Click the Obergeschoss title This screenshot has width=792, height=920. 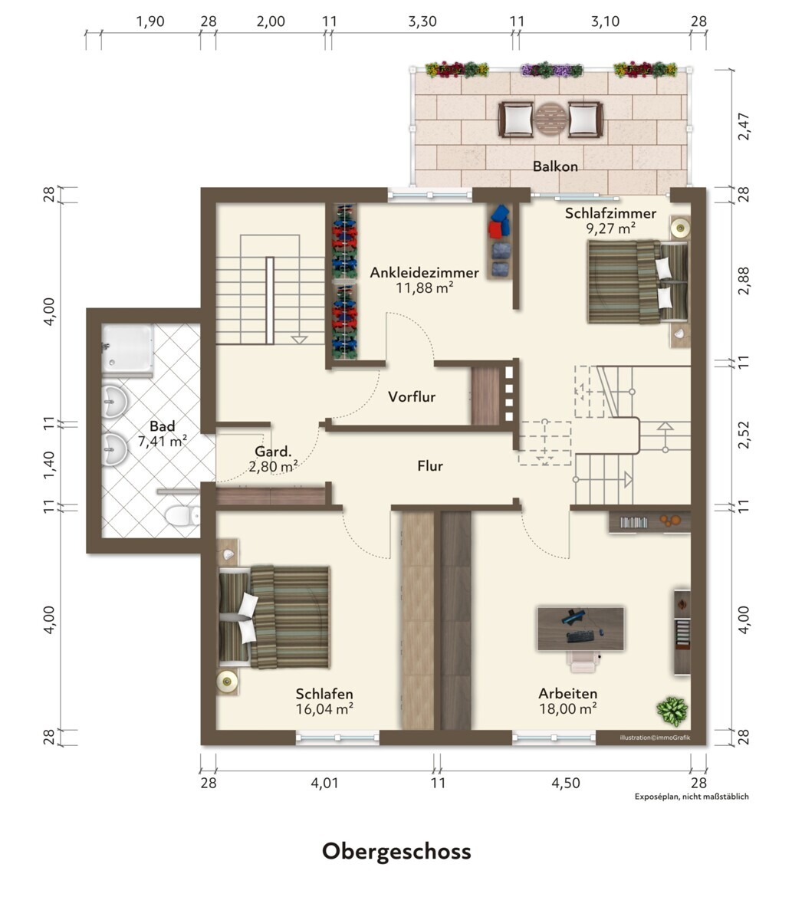[x=396, y=853]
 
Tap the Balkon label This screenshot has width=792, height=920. [x=555, y=166]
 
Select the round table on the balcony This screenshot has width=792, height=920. [x=550, y=120]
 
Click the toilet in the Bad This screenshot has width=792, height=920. [x=182, y=515]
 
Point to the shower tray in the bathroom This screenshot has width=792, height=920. [x=127, y=349]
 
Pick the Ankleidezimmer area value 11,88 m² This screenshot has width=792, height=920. [x=425, y=288]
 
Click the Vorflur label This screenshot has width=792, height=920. [x=412, y=396]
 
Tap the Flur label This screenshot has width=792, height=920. [x=430, y=466]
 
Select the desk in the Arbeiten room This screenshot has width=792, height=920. [x=580, y=629]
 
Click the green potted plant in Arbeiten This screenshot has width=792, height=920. [x=672, y=711]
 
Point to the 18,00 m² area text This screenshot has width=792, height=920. [x=568, y=708]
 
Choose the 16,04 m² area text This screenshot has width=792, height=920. [x=324, y=708]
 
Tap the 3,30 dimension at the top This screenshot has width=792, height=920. [x=422, y=21]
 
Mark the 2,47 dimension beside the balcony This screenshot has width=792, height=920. [x=744, y=127]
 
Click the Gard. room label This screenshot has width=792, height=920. [x=273, y=452]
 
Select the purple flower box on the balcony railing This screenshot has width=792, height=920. [x=551, y=70]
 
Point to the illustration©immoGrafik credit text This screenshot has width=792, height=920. [x=655, y=738]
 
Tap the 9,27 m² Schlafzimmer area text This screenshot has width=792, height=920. [x=610, y=228]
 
